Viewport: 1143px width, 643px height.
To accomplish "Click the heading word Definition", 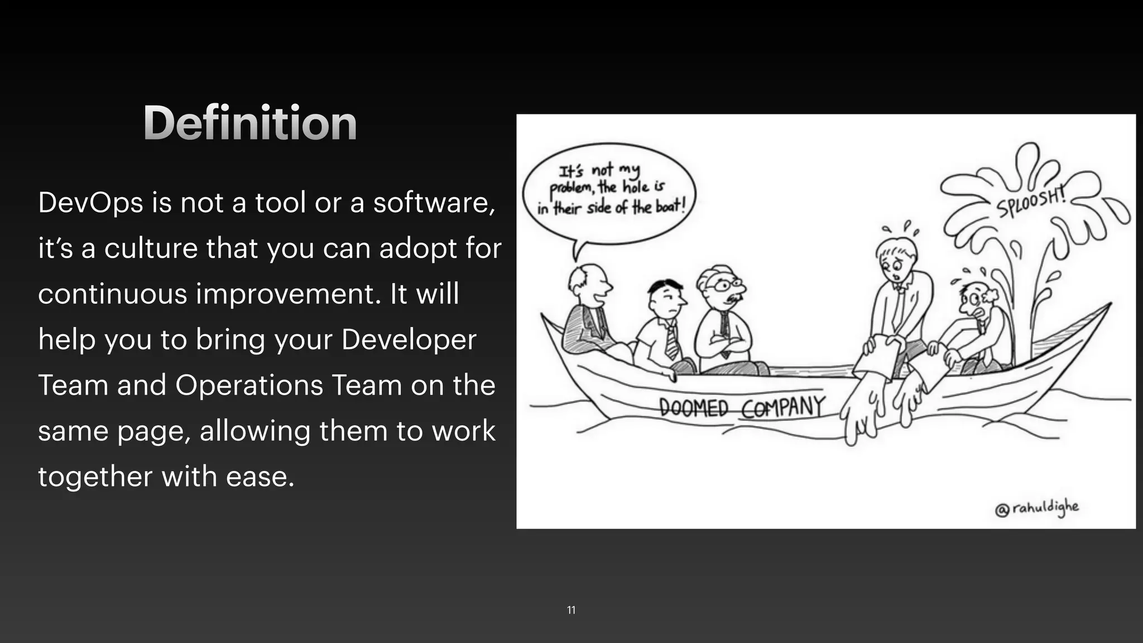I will click(249, 123).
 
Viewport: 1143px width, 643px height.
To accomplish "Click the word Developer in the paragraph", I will click(409, 339).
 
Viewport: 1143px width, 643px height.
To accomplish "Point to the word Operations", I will click(249, 385).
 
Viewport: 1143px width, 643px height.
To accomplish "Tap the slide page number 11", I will click(571, 610).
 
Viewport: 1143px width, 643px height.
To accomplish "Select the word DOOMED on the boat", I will click(693, 407).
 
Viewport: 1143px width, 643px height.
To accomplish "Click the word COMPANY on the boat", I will click(782, 407).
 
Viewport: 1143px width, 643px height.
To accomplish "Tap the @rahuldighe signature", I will click(1036, 508).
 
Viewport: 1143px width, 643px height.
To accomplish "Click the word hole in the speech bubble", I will click(636, 187).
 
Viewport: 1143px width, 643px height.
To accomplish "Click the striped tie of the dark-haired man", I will click(671, 342).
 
